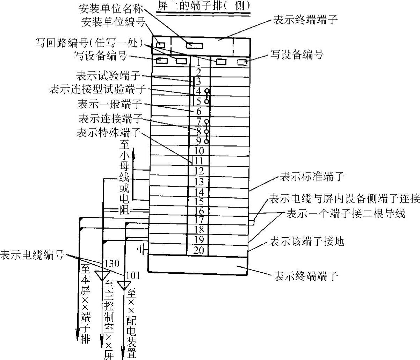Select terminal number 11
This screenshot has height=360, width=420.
[x=198, y=161]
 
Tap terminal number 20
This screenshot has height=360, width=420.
[x=198, y=251]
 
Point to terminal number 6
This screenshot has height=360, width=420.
[x=198, y=112]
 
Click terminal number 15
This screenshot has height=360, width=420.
[x=198, y=201]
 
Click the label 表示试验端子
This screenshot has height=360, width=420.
[x=107, y=75]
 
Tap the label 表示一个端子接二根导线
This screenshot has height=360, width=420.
[x=346, y=213]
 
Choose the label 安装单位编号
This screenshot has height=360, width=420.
[x=113, y=22]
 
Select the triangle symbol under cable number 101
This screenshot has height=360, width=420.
[x=123, y=285]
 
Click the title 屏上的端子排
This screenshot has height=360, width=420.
[x=203, y=6]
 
